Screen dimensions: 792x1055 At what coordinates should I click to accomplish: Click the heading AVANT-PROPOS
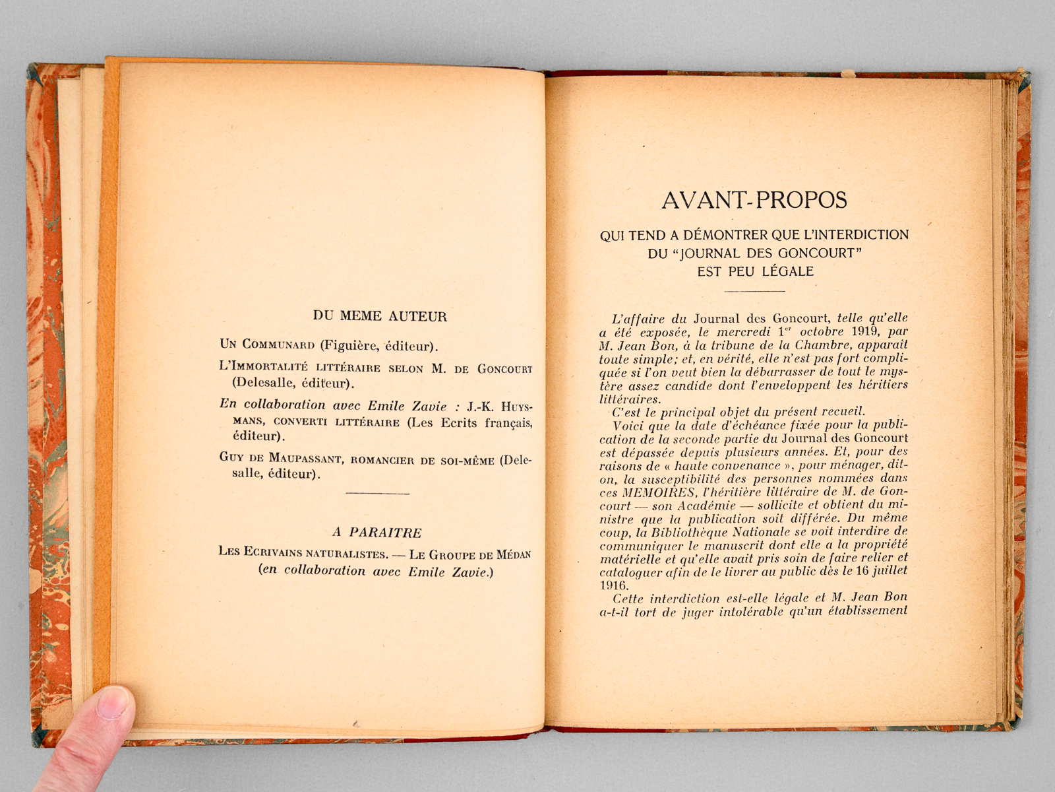pos(754,200)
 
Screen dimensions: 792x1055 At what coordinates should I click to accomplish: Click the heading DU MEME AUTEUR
pos(380,316)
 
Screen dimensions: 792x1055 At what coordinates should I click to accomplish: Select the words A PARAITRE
pos(377,533)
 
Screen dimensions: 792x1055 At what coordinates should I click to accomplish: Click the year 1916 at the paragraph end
pos(614,585)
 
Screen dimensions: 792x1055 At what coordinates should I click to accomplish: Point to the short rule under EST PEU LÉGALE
pos(754,290)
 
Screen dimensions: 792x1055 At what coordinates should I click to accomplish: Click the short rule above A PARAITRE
pos(377,493)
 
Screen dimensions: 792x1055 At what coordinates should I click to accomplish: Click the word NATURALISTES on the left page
pos(346,553)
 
